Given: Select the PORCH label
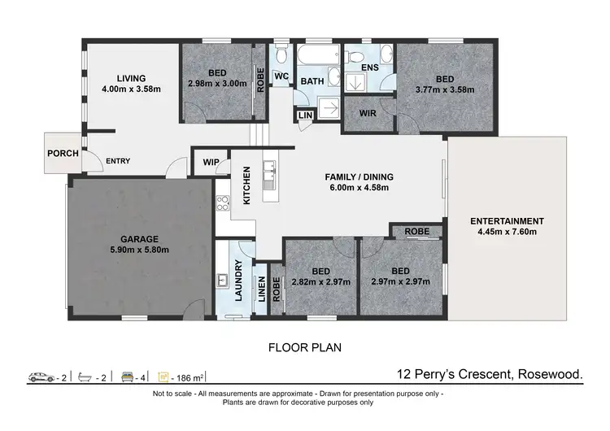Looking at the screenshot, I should pyautogui.click(x=62, y=153).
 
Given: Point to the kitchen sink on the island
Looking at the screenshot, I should pyautogui.click(x=268, y=171).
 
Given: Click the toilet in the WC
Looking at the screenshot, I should pyautogui.click(x=281, y=56).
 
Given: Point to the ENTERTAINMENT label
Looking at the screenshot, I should pyautogui.click(x=506, y=221).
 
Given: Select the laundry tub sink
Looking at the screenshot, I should pyautogui.click(x=222, y=281).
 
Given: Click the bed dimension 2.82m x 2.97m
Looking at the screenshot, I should pyautogui.click(x=321, y=282).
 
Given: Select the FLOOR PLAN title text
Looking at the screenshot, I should pyautogui.click(x=304, y=346).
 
